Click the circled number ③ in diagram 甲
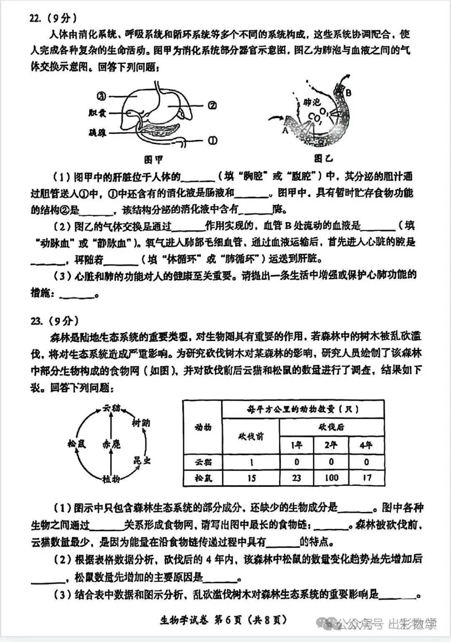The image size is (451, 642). (x=101, y=97)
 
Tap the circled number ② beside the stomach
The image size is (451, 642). (x=212, y=105)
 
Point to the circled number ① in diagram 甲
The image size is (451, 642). (x=213, y=140)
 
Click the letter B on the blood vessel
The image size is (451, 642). (x=349, y=92)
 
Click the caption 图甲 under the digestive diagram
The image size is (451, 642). (x=153, y=160)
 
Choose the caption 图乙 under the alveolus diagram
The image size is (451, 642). (x=324, y=159)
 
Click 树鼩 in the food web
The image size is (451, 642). (x=141, y=423)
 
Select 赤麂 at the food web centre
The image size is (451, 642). (x=111, y=444)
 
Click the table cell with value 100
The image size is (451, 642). (x=331, y=477)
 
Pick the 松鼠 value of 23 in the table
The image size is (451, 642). (x=296, y=477)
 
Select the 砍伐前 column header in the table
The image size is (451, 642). (x=251, y=436)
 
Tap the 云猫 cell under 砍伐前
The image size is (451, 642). (x=251, y=462)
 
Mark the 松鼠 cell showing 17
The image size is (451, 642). (x=366, y=477)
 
